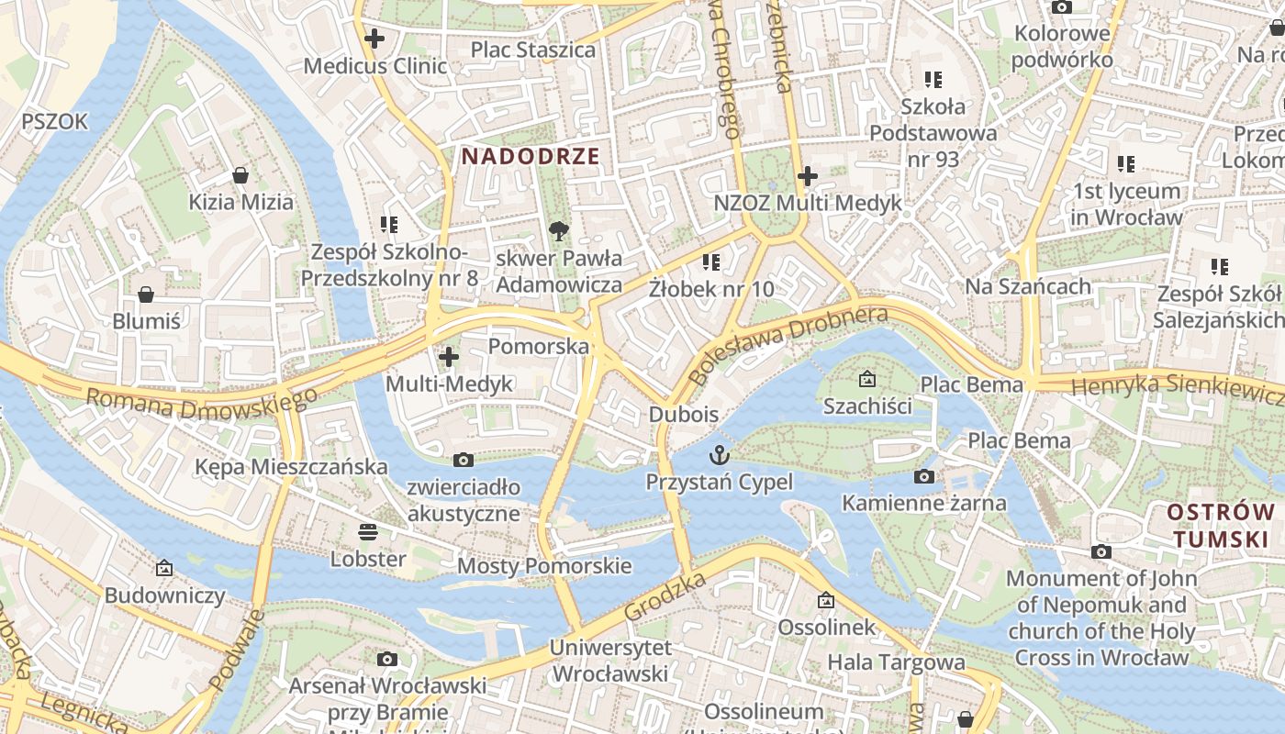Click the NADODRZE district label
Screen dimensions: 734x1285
[x=530, y=156]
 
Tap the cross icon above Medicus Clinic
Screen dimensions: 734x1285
[x=374, y=39]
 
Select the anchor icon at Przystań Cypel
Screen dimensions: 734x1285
[x=720, y=454]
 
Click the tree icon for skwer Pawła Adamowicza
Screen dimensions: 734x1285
[x=558, y=230]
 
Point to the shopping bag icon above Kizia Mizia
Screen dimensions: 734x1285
[x=240, y=174]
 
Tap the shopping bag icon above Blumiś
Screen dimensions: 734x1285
[x=145, y=295]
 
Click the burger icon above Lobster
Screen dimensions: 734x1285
[x=368, y=531]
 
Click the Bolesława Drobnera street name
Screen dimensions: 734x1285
[x=788, y=345]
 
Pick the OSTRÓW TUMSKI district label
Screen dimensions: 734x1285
[x=1222, y=525]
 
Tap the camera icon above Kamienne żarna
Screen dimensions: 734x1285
[x=924, y=476]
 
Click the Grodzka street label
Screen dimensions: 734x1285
[x=665, y=595]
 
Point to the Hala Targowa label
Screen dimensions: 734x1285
[x=896, y=662]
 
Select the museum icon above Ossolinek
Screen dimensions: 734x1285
[x=826, y=600]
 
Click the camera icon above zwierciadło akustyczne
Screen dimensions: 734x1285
[x=464, y=460]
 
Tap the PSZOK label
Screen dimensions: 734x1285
[x=54, y=121]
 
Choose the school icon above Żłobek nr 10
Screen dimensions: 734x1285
[x=710, y=262]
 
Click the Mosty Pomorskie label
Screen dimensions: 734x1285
[x=544, y=565]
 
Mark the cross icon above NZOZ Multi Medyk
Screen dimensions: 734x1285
[x=808, y=175]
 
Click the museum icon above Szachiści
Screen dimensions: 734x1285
[x=866, y=378]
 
